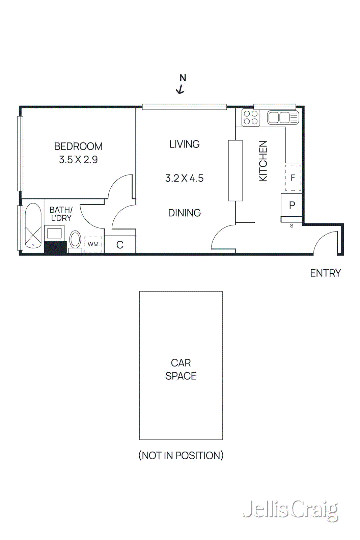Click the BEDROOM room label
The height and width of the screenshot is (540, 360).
pyautogui.click(x=78, y=146)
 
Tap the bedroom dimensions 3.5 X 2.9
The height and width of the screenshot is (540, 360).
pyautogui.click(x=78, y=159)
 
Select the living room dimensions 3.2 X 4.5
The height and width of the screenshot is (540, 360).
pyautogui.click(x=184, y=178)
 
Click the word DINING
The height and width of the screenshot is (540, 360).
pyautogui.click(x=184, y=213)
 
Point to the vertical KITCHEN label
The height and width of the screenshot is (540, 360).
pyautogui.click(x=263, y=161)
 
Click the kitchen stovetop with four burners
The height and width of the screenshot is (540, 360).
pyautogui.click(x=251, y=118)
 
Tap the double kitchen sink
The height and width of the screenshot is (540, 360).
pyautogui.click(x=283, y=118)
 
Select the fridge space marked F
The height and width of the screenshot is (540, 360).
pyautogui.click(x=293, y=178)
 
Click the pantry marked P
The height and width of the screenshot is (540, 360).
pyautogui.click(x=292, y=205)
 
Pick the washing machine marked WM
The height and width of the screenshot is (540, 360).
pyautogui.click(x=93, y=244)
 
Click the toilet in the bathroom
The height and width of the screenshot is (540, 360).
pyautogui.click(x=75, y=241)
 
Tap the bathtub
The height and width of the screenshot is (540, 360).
pyautogui.click(x=33, y=225)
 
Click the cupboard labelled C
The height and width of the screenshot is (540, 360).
pyautogui.click(x=120, y=245)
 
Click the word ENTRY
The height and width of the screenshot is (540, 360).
pyautogui.click(x=325, y=273)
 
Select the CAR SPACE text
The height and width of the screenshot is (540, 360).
pyautogui.click(x=181, y=369)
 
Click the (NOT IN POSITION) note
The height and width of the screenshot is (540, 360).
pyautogui.click(x=181, y=455)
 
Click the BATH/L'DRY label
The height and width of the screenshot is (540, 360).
pyautogui.click(x=61, y=214)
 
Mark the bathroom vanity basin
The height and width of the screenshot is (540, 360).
pyautogui.click(x=54, y=233)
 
